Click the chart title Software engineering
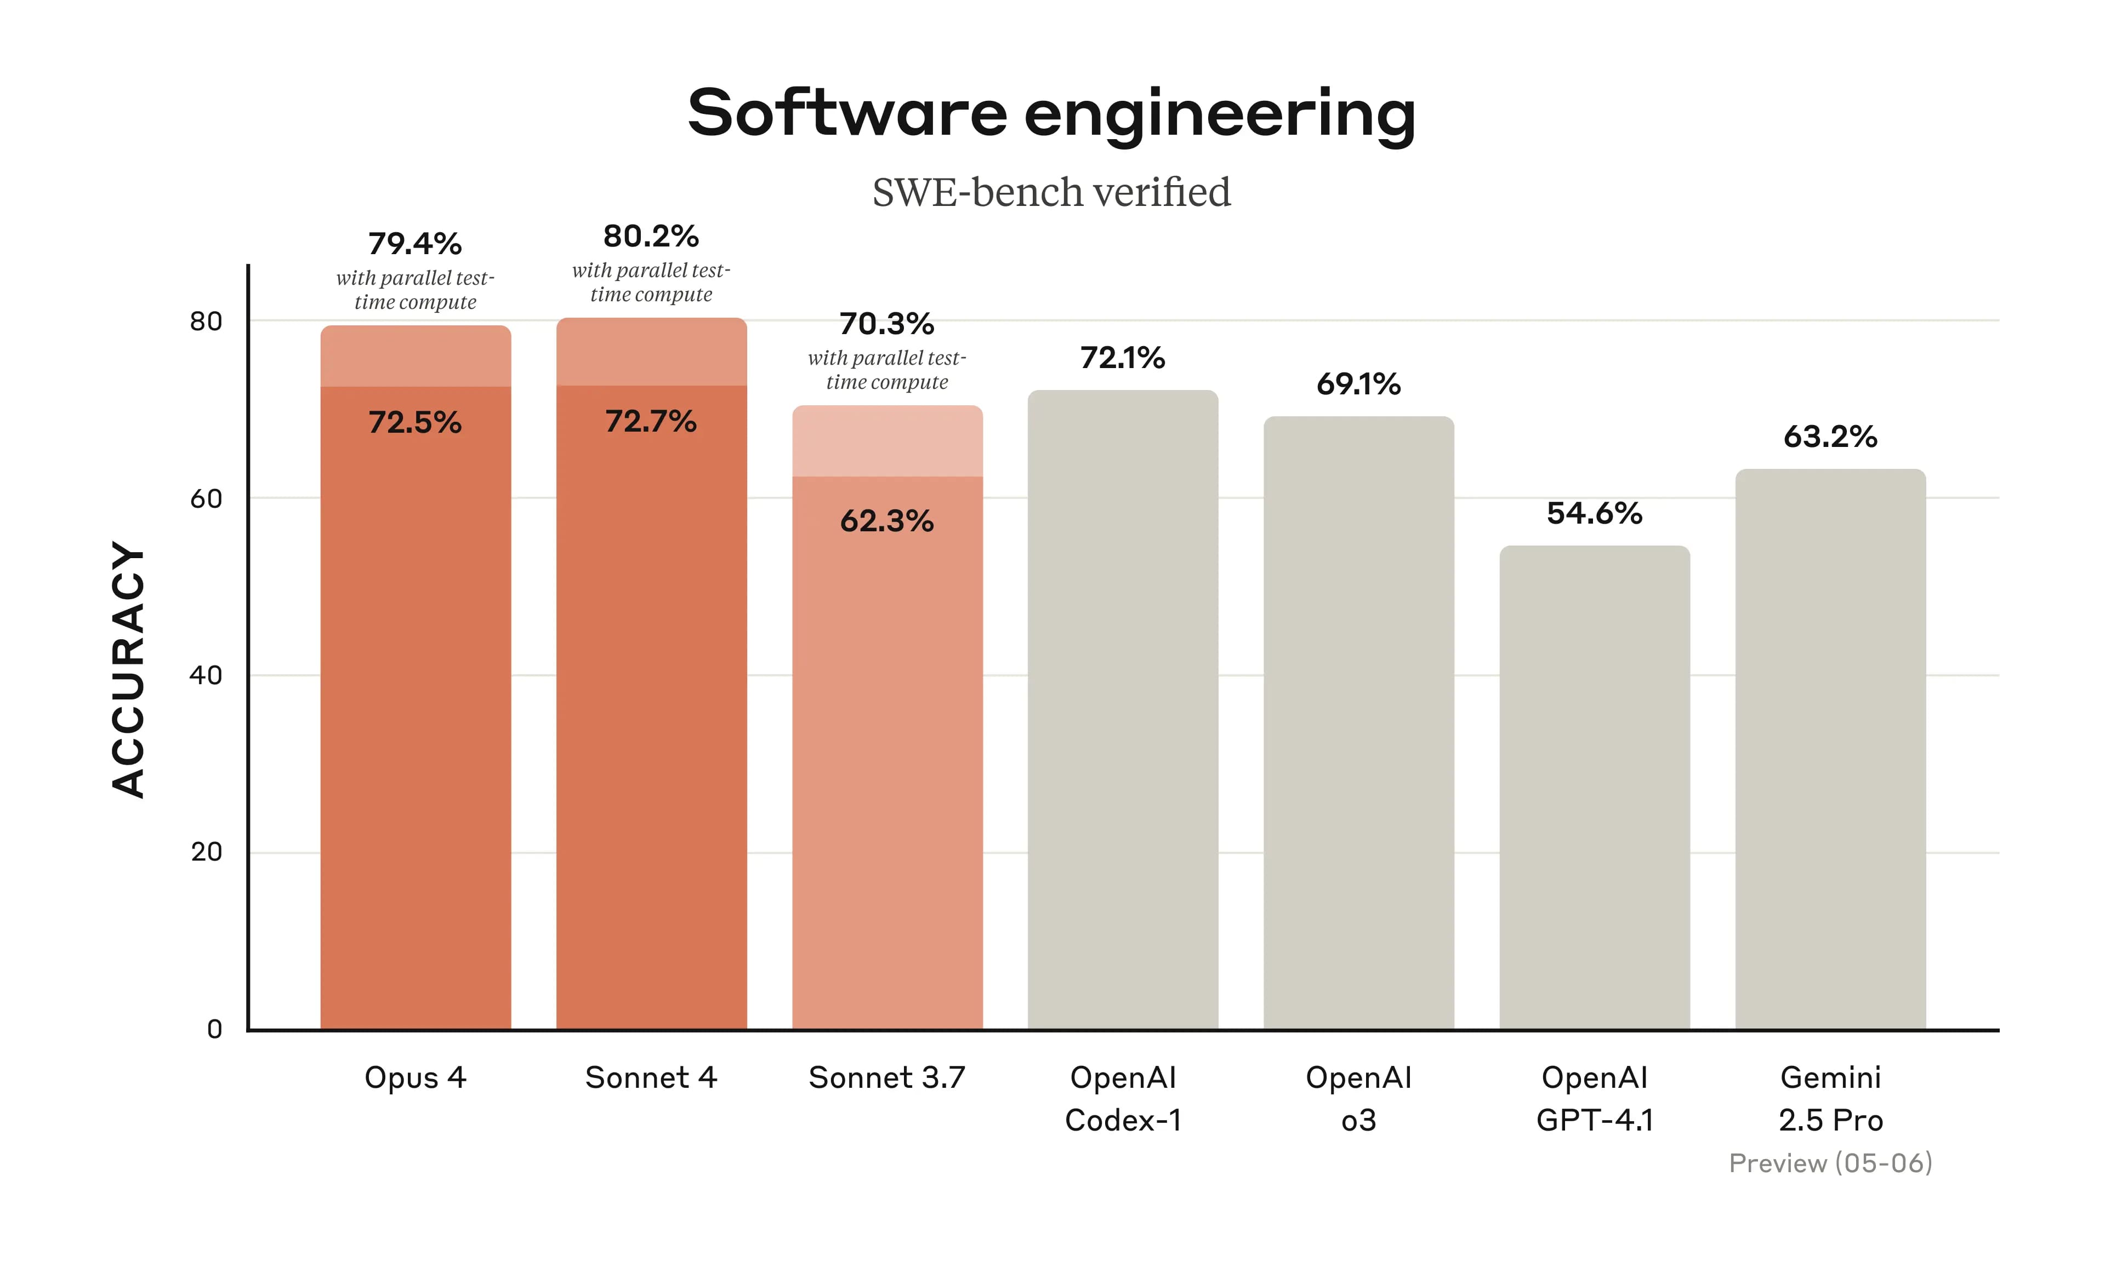[x=1051, y=112]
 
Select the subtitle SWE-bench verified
[x=1051, y=192]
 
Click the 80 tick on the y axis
[x=206, y=322]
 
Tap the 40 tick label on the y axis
[x=206, y=675]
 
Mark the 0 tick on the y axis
[x=214, y=1029]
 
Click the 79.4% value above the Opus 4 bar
[x=415, y=244]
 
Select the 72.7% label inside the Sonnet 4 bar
[x=651, y=421]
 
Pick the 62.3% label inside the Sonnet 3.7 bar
[x=886, y=520]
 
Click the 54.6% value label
[x=1595, y=513]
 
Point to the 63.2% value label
[x=1830, y=436]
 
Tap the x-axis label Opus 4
[x=415, y=1077]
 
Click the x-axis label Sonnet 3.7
[x=886, y=1077]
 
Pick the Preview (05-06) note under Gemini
[x=1830, y=1162]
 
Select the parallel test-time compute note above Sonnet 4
[x=651, y=282]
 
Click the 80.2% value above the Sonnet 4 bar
[x=651, y=237]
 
